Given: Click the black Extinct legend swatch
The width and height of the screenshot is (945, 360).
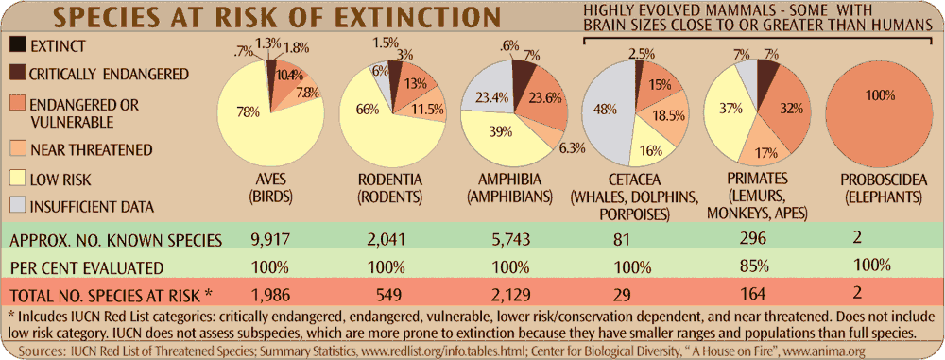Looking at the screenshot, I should [17, 44].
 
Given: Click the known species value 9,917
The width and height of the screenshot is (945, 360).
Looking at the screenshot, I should [264, 238].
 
